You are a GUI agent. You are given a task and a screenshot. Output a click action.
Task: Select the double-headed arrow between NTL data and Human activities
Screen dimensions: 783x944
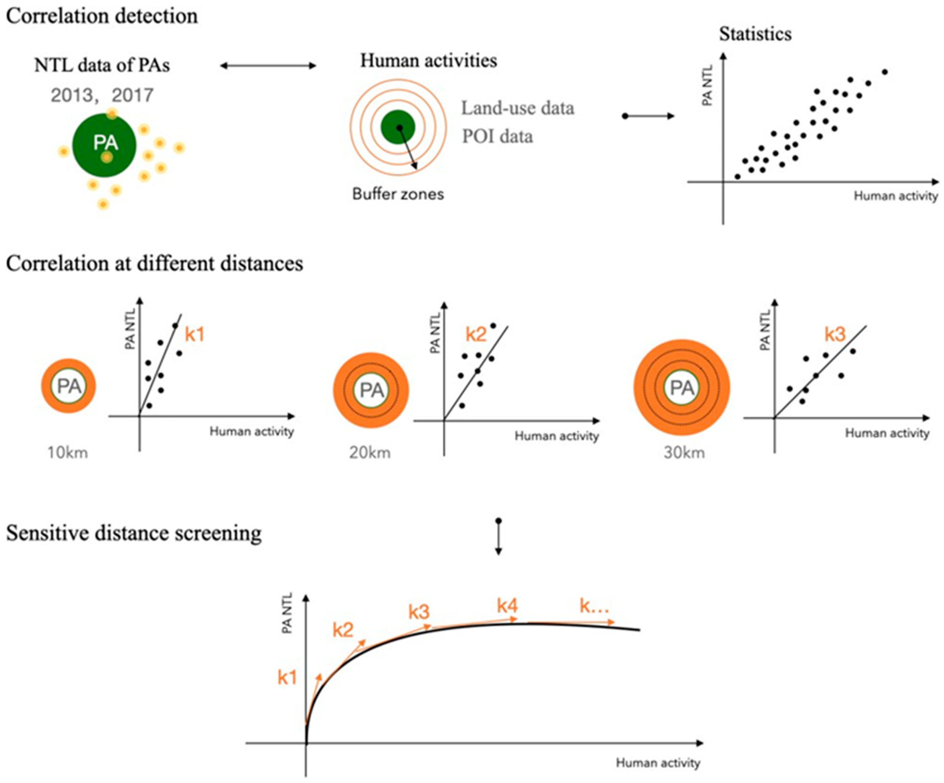click(x=268, y=66)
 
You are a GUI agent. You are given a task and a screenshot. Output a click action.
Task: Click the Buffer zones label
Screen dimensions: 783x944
click(x=398, y=194)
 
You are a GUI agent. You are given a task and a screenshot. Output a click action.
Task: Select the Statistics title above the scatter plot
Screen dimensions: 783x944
click(x=755, y=34)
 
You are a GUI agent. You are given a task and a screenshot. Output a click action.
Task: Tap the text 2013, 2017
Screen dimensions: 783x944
click(x=102, y=95)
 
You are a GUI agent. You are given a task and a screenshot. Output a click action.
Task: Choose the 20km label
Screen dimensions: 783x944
click(x=370, y=452)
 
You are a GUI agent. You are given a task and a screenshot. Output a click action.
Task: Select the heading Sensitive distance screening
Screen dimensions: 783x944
click(x=133, y=534)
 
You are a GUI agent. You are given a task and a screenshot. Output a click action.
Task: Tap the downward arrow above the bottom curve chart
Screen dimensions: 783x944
click(x=498, y=538)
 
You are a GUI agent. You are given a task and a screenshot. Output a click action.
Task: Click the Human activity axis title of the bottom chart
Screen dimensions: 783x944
click(x=658, y=763)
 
